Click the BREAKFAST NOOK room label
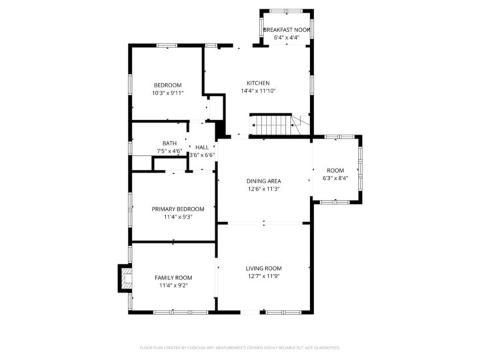tap(287, 30)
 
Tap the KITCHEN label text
tap(258, 83)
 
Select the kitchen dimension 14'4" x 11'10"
tap(258, 91)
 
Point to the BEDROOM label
tap(167, 85)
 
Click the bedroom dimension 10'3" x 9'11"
tap(167, 93)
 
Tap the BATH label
tap(169, 143)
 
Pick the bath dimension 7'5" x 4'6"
tap(169, 151)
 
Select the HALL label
tap(201, 147)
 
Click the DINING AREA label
tap(264, 181)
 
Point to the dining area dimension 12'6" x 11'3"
tap(264, 189)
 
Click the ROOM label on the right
tap(335, 170)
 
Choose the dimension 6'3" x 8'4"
tap(335, 178)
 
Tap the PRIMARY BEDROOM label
tap(178, 209)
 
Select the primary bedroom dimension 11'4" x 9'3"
tap(178, 217)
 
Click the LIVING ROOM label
tap(265, 268)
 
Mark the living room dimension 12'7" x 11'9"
tap(265, 276)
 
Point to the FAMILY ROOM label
tap(173, 277)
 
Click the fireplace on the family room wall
tap(125, 278)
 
